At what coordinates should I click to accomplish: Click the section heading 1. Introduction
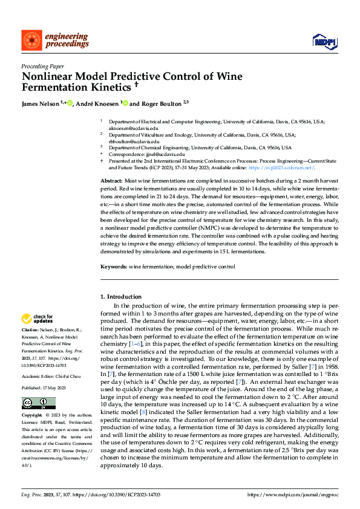(120, 297)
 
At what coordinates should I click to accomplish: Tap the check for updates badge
(38, 318)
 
